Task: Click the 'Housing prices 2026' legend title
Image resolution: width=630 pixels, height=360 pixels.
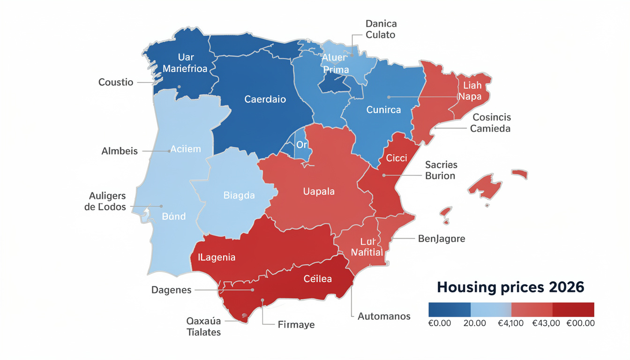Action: pyautogui.click(x=510, y=286)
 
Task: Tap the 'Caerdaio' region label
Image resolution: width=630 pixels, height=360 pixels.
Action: pyautogui.click(x=265, y=99)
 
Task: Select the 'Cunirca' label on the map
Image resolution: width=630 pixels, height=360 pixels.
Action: pyautogui.click(x=383, y=110)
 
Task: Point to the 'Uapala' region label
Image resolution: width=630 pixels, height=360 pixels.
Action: pyautogui.click(x=319, y=191)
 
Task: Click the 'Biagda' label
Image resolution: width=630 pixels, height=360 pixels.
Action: pyautogui.click(x=239, y=195)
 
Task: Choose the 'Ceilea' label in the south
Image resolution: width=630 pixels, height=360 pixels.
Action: pyautogui.click(x=317, y=278)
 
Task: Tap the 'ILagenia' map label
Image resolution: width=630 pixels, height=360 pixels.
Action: pyautogui.click(x=217, y=257)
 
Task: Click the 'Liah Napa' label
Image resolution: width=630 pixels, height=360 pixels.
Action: pyautogui.click(x=472, y=91)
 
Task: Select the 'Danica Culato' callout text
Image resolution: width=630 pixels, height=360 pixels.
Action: pyautogui.click(x=380, y=29)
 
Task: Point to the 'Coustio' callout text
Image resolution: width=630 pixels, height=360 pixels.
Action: pyautogui.click(x=116, y=82)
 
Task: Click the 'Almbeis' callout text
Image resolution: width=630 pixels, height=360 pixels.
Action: pyautogui.click(x=120, y=151)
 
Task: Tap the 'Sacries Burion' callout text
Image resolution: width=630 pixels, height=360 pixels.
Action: pyautogui.click(x=441, y=170)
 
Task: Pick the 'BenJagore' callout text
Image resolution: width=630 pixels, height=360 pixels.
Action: pyautogui.click(x=441, y=239)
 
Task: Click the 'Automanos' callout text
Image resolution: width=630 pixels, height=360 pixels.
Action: pyautogui.click(x=384, y=316)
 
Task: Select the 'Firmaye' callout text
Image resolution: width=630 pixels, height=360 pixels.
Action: pyautogui.click(x=296, y=324)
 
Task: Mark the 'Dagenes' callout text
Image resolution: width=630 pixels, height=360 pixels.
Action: pyautogui.click(x=171, y=290)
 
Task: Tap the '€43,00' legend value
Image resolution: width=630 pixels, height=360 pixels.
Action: pyautogui.click(x=546, y=323)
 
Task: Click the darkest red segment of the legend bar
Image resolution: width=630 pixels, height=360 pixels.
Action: pyautogui.click(x=573, y=309)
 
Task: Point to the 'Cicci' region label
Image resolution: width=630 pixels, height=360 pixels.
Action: pyautogui.click(x=396, y=158)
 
